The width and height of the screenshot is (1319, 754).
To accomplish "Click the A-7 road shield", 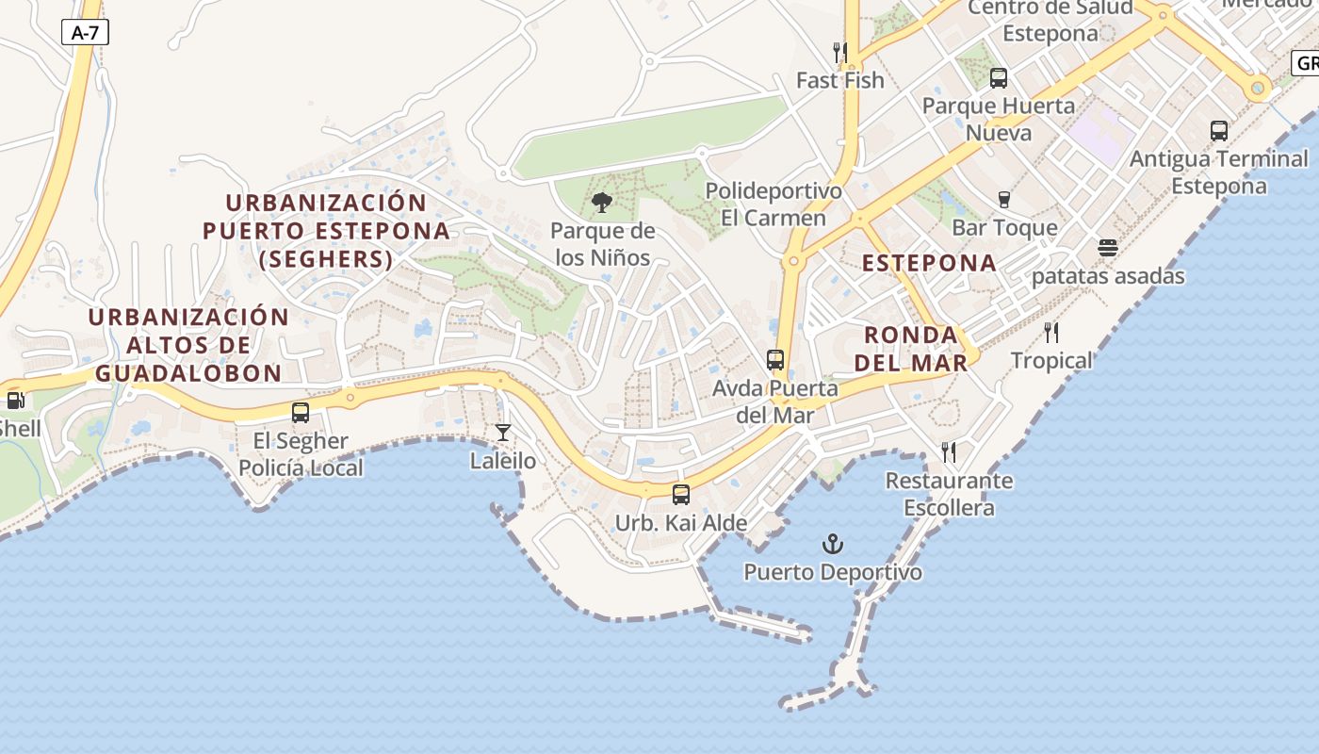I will pos(85,33).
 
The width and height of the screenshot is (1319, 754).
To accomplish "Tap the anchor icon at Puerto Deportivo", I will pos(832,544).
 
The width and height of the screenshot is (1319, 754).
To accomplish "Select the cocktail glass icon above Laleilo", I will pos(503,433).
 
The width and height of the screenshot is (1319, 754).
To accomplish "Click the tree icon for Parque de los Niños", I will pos(601,203).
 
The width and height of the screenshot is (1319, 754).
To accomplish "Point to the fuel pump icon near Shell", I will pos(15,400).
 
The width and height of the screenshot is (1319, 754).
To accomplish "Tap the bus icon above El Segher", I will pos(301,413).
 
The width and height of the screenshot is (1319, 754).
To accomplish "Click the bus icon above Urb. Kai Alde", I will pos(680,494).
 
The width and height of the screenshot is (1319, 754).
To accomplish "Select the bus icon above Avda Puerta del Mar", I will pos(774,360).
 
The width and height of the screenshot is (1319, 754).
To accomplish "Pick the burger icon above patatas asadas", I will pos(1108,248).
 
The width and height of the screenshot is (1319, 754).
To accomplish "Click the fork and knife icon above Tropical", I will pos(1051,332).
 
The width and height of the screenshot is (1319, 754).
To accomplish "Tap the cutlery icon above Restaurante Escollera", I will pos(949,452).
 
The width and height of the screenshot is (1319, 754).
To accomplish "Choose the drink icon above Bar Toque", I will pos(1003,199).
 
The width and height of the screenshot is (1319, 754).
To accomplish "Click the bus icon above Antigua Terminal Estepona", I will pos(1218,131).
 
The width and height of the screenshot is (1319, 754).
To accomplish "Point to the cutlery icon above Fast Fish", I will pos(839,52).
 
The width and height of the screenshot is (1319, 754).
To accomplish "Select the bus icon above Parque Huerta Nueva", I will pos(998,78).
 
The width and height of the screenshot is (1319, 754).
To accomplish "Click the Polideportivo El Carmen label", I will pos(773,205).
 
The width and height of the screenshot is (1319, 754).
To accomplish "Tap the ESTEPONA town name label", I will pos(929,263).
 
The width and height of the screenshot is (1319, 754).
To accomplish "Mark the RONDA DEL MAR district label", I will pos(916,349).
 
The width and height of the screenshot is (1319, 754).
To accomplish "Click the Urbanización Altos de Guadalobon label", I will pos(188,345).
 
